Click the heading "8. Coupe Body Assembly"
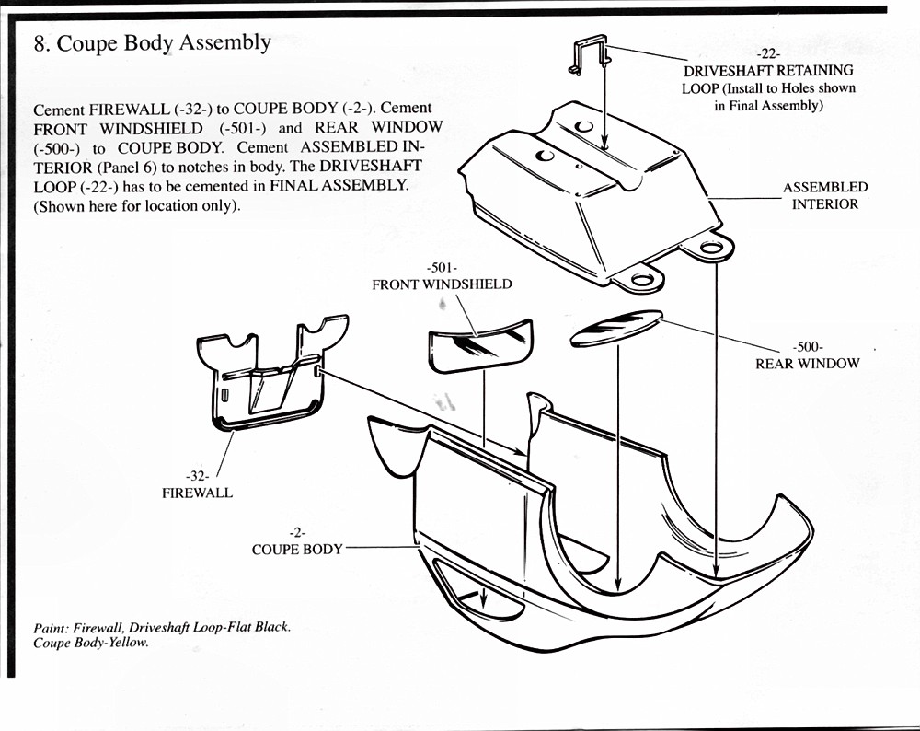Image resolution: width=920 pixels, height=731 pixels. point(152,43)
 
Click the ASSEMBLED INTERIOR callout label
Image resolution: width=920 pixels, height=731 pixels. point(824,195)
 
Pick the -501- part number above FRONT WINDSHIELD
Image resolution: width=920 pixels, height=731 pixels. point(443,268)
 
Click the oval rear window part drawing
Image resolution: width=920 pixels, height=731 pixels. point(615,328)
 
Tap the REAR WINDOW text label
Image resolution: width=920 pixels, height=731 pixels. point(807,363)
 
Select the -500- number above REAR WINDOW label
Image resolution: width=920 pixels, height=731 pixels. point(807,347)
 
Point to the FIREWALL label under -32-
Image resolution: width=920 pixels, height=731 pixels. point(197,493)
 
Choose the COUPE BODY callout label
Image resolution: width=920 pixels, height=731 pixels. point(297,549)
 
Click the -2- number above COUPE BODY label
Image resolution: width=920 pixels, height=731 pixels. point(296,532)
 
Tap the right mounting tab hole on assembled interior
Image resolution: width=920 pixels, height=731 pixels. point(711,248)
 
